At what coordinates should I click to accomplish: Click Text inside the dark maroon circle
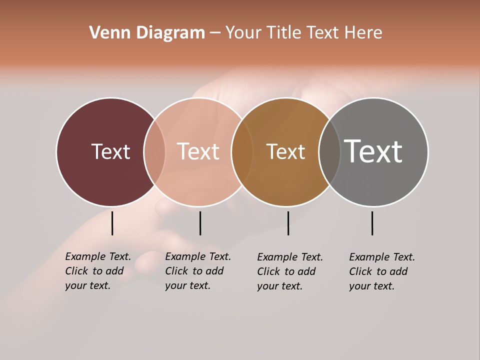coord(110,151)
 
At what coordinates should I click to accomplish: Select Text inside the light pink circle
coord(198,151)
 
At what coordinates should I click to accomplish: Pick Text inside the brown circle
coord(285,151)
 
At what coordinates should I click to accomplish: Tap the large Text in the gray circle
coord(373,151)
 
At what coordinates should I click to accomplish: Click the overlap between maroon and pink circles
coord(154,152)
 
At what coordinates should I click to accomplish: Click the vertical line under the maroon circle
coord(112,223)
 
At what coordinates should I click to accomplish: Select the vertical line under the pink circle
coord(200,223)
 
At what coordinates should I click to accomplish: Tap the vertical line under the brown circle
coord(288,223)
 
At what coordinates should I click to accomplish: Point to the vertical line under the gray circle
coord(372,223)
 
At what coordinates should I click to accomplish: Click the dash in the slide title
coord(215,33)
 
